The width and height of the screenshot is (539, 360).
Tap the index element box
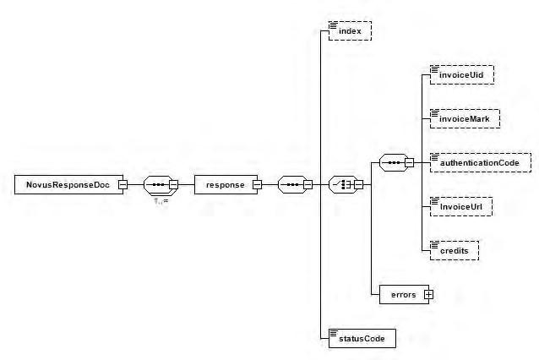tap(349, 31)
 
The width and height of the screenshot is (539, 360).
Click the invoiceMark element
tap(463, 118)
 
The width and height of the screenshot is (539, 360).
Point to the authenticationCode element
tap(479, 161)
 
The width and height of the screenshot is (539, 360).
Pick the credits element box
tap(453, 250)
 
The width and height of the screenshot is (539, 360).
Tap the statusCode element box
tap(361, 338)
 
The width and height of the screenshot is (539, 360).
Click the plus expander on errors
tap(428, 294)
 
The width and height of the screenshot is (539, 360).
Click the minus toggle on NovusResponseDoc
tap(122, 184)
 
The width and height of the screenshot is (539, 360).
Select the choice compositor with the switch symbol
tap(343, 184)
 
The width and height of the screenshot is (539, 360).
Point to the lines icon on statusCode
tap(333, 332)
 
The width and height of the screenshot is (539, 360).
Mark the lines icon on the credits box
tap(434, 243)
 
